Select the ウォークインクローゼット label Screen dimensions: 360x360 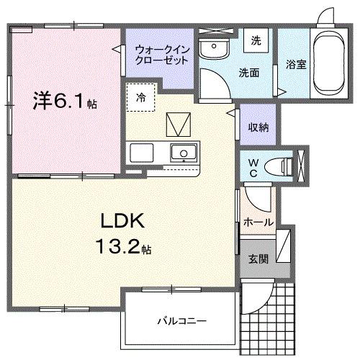pos(162,55)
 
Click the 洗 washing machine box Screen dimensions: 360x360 pos(256,41)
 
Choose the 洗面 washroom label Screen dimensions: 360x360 pos(249,73)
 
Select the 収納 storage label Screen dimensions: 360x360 pos(258,127)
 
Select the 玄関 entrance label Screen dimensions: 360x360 pos(258,258)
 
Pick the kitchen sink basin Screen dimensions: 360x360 pos(185,153)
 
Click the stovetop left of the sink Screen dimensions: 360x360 pos(141,153)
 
